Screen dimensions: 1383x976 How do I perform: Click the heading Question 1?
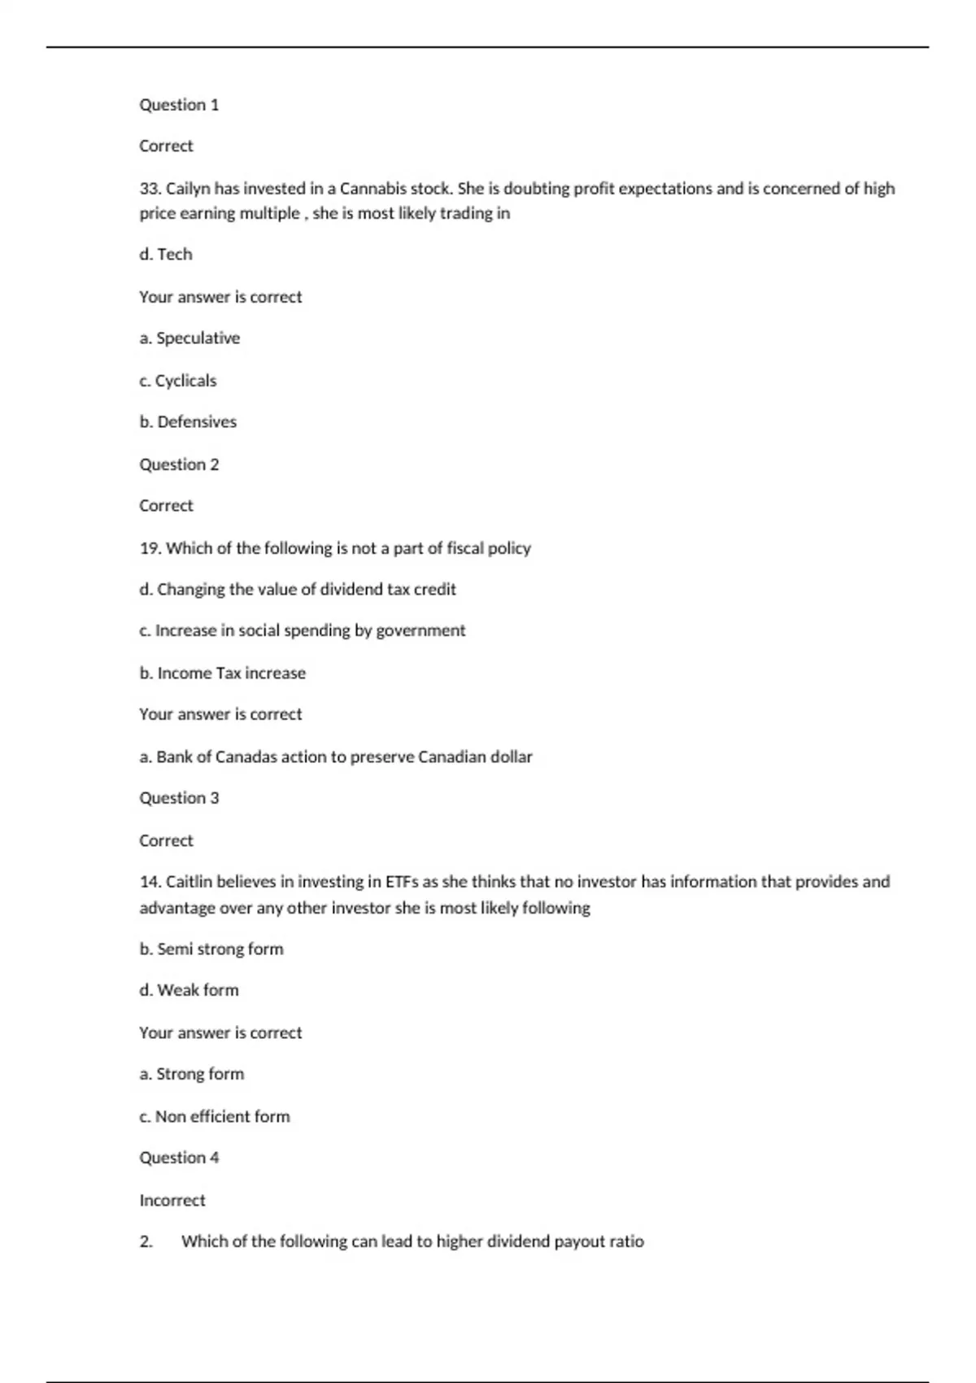coord(179,105)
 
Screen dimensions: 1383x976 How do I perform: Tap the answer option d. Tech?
coord(166,255)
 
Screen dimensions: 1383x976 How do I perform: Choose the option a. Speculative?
coord(190,338)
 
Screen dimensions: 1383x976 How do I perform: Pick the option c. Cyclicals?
coord(178,381)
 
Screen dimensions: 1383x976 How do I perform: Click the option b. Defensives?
coord(188,422)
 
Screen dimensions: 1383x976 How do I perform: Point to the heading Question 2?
coord(179,465)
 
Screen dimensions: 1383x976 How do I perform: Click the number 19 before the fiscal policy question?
coord(150,548)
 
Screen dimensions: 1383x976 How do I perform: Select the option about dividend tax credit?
coord(298,590)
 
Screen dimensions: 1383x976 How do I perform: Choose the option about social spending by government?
coord(303,630)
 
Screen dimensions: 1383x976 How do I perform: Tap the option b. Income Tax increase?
coord(223,674)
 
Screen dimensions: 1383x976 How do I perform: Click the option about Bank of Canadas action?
coord(336,757)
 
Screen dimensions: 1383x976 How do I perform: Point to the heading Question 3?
coord(179,798)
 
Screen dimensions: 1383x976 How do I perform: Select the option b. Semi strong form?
coord(211,949)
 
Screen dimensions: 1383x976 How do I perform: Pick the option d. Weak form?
coord(189,990)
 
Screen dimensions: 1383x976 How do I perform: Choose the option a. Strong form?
coord(192,1074)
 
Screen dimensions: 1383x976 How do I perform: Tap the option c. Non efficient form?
coord(215,1117)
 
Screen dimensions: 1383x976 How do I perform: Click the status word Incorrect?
coord(172,1201)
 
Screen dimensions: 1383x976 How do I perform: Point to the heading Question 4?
coord(179,1158)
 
